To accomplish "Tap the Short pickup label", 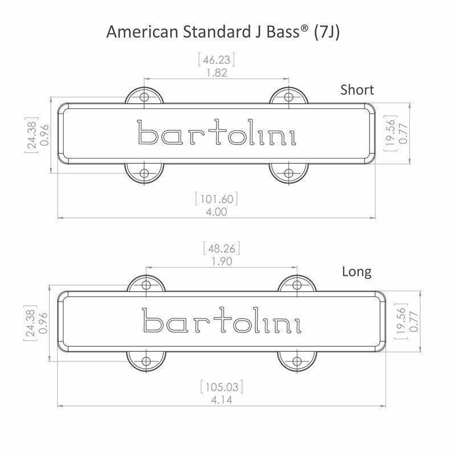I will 357,89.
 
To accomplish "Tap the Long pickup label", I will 356,271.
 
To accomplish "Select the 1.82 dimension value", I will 216,72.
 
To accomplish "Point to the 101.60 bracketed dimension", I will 216,199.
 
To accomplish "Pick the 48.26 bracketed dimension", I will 222,249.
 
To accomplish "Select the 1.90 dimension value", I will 222,261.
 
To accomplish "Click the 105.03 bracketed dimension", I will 222,388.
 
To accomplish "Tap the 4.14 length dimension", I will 222,400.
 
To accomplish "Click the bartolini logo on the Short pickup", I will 217,134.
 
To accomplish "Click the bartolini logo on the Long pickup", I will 222,320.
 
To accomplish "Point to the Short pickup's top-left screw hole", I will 144,96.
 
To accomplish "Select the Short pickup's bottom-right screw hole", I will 288,173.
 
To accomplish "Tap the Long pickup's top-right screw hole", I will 297,284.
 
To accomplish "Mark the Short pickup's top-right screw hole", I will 288,96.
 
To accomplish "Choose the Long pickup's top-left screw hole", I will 146,284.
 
